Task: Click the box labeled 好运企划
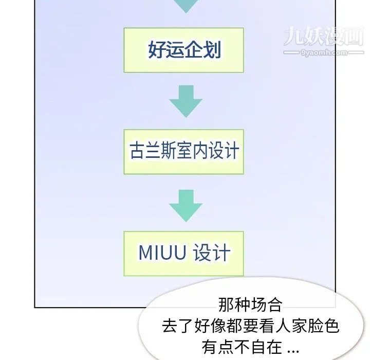click(183, 50)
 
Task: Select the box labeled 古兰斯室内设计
click(183, 152)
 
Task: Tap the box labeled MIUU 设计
click(183, 254)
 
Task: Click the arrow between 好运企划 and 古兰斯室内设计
click(186, 101)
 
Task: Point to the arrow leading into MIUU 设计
click(186, 206)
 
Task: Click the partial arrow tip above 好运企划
click(186, 6)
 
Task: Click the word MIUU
click(162, 253)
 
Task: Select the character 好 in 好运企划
click(157, 49)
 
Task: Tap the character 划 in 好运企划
click(212, 49)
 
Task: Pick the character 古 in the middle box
click(137, 150)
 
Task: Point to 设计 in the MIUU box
click(212, 253)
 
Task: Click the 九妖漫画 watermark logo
click(324, 36)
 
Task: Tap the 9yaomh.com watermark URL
click(324, 52)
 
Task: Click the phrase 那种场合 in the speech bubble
click(250, 305)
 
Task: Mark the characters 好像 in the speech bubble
click(210, 326)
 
